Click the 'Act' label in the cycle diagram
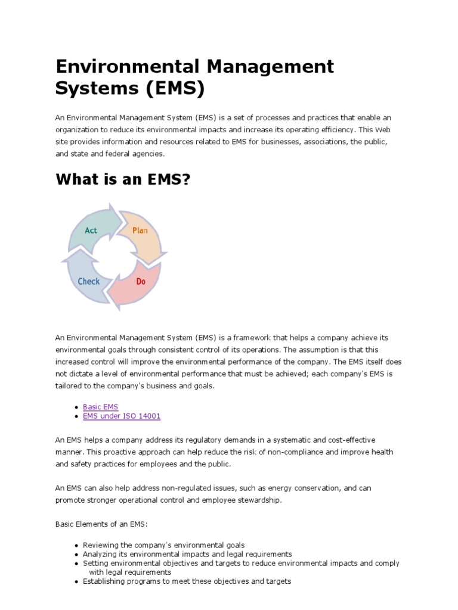pyautogui.click(x=91, y=231)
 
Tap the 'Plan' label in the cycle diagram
pyautogui.click(x=140, y=231)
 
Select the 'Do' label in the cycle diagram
pyautogui.click(x=141, y=281)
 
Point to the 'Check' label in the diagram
pyautogui.click(x=89, y=281)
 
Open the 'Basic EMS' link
pyautogui.click(x=100, y=407)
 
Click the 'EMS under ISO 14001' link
pyautogui.click(x=122, y=416)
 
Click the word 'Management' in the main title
pyautogui.click(x=270, y=66)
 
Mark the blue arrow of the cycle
pyautogui.click(x=83, y=280)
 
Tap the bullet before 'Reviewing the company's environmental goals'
pyautogui.click(x=77, y=546)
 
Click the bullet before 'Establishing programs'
pyautogui.click(x=77, y=581)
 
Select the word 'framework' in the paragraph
pyautogui.click(x=268, y=338)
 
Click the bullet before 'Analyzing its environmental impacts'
pyautogui.click(x=77, y=555)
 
